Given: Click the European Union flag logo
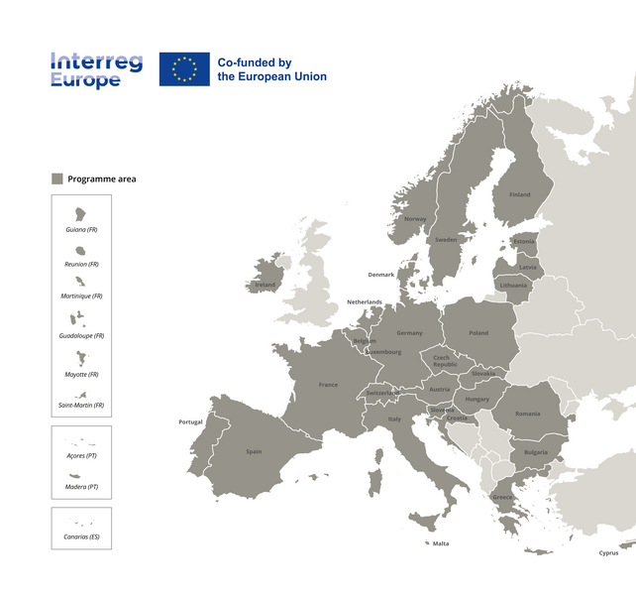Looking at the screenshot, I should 184,68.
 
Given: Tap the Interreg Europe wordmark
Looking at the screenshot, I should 96,70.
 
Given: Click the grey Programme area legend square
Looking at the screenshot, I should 57,178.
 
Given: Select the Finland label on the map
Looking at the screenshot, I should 519,195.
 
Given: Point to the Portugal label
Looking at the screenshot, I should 190,422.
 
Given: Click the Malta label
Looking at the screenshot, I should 441,543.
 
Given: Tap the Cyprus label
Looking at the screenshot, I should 608,553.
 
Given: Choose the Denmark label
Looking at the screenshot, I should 381,275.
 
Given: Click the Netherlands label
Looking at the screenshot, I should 364,302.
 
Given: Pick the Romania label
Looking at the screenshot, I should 528,414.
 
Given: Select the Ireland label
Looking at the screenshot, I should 265,285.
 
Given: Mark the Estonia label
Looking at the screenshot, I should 524,241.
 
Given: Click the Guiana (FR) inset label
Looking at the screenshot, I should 81,229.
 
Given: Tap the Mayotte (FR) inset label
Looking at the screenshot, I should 81,375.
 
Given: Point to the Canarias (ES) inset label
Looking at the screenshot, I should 81,537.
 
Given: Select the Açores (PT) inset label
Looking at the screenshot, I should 81,456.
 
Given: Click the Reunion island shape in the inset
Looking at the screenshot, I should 80,250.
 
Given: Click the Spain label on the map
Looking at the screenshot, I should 254,451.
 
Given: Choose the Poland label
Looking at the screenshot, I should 478,333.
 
